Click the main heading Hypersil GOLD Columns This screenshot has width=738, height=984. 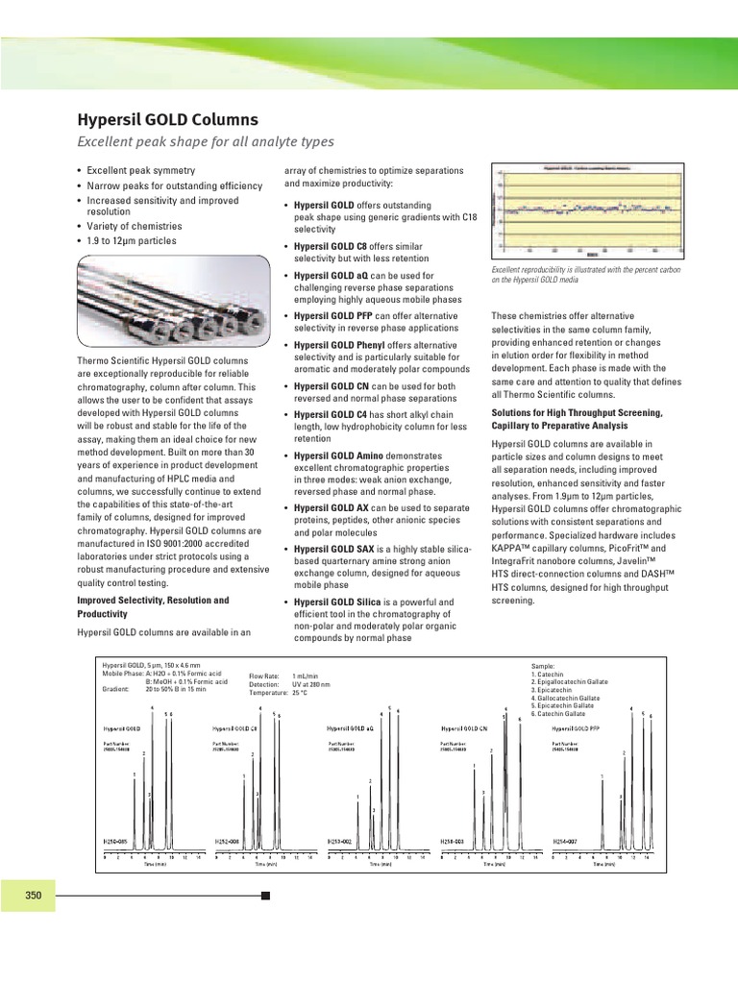tap(167, 120)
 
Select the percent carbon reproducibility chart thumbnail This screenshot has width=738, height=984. tap(588, 209)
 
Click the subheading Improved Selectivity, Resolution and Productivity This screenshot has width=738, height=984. tap(153, 606)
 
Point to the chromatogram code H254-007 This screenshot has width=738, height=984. tap(566, 841)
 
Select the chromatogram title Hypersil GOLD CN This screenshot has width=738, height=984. tap(468, 729)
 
